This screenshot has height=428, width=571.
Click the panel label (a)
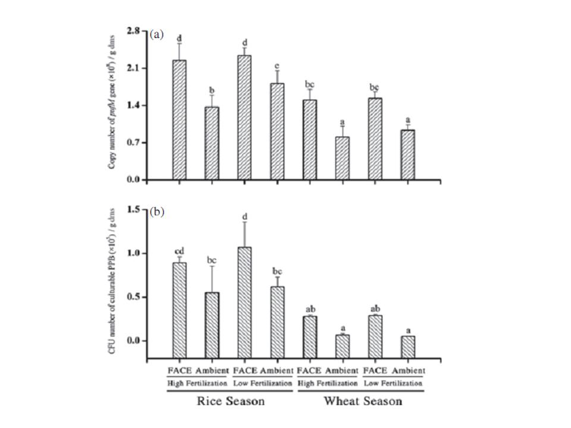tap(156, 34)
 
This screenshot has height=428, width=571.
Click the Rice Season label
tap(230, 401)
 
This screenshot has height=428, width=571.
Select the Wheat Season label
tap(362, 401)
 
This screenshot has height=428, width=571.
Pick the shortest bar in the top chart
tap(342, 158)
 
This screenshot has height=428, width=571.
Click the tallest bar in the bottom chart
tap(244, 303)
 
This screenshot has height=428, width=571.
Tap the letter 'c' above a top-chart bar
tap(277, 65)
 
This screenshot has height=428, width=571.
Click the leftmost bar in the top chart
tap(179, 119)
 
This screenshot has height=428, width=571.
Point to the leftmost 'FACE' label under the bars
tap(179, 370)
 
